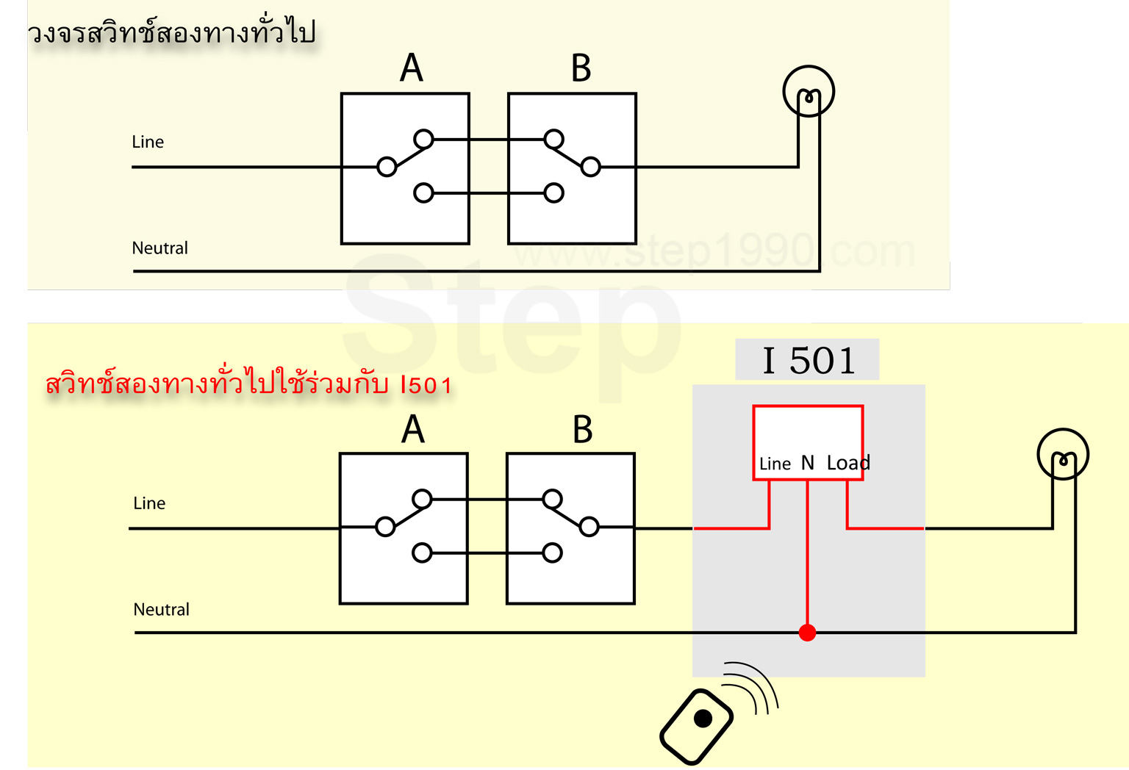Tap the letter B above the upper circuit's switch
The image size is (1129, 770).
coord(581,68)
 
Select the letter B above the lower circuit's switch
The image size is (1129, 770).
coord(582,429)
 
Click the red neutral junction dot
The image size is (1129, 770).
coord(808,633)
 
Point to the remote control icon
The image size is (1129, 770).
coord(696,726)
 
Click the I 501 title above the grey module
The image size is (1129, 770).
coord(809,360)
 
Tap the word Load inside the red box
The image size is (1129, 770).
coord(848,463)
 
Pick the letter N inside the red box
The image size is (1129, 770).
coord(808,463)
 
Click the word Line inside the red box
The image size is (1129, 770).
coord(775,464)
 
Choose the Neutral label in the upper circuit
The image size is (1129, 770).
coord(160,248)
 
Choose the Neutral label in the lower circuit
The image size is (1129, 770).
coord(161,609)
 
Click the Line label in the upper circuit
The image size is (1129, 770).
coord(148,142)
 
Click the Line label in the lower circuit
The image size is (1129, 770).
coord(149,503)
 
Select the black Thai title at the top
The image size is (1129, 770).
coord(171,32)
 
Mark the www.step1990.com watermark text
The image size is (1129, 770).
coord(714,251)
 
